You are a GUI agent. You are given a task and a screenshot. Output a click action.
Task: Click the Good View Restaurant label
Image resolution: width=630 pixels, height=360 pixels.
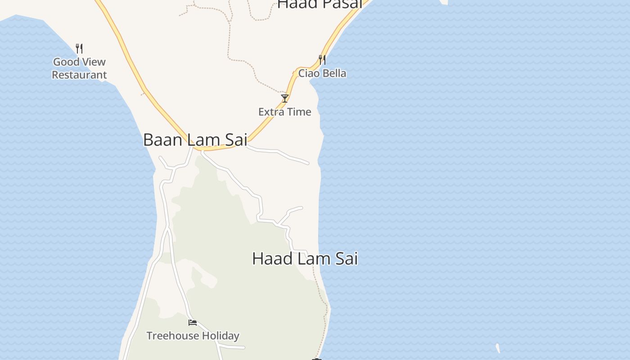[x=79, y=68]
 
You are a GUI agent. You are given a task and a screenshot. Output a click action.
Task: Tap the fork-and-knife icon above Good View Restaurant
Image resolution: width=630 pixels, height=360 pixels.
[x=79, y=48]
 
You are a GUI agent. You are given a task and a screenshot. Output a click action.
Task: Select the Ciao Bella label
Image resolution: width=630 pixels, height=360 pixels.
[x=322, y=73]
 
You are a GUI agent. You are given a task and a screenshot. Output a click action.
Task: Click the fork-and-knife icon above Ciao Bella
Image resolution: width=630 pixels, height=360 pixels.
[x=322, y=59]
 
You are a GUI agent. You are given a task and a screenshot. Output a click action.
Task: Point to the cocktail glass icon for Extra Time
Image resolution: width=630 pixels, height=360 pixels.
[x=284, y=99]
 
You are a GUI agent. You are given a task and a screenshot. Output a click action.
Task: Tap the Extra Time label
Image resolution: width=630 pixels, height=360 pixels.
[x=284, y=112]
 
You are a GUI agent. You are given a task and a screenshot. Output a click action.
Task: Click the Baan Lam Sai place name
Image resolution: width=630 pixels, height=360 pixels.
[x=195, y=140]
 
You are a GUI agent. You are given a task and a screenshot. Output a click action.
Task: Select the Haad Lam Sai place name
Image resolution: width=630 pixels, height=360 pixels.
[x=305, y=259]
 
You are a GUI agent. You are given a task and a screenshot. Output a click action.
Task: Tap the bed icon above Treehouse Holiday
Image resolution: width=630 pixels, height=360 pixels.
[x=193, y=322]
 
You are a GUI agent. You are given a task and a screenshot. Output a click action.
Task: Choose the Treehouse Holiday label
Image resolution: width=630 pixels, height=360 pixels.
[x=193, y=336]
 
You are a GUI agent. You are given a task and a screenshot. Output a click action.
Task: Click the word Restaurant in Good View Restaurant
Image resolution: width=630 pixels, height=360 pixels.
[x=79, y=75]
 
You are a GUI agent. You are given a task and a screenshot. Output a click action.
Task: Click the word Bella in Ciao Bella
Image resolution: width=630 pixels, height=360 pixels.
[x=334, y=73]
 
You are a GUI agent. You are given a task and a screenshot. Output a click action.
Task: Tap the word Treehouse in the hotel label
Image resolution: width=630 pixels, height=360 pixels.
[x=173, y=336]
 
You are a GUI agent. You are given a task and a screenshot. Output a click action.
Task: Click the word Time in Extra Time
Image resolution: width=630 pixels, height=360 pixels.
[x=299, y=112]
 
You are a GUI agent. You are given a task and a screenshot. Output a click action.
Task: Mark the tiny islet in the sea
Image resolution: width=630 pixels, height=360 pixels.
[x=498, y=348]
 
